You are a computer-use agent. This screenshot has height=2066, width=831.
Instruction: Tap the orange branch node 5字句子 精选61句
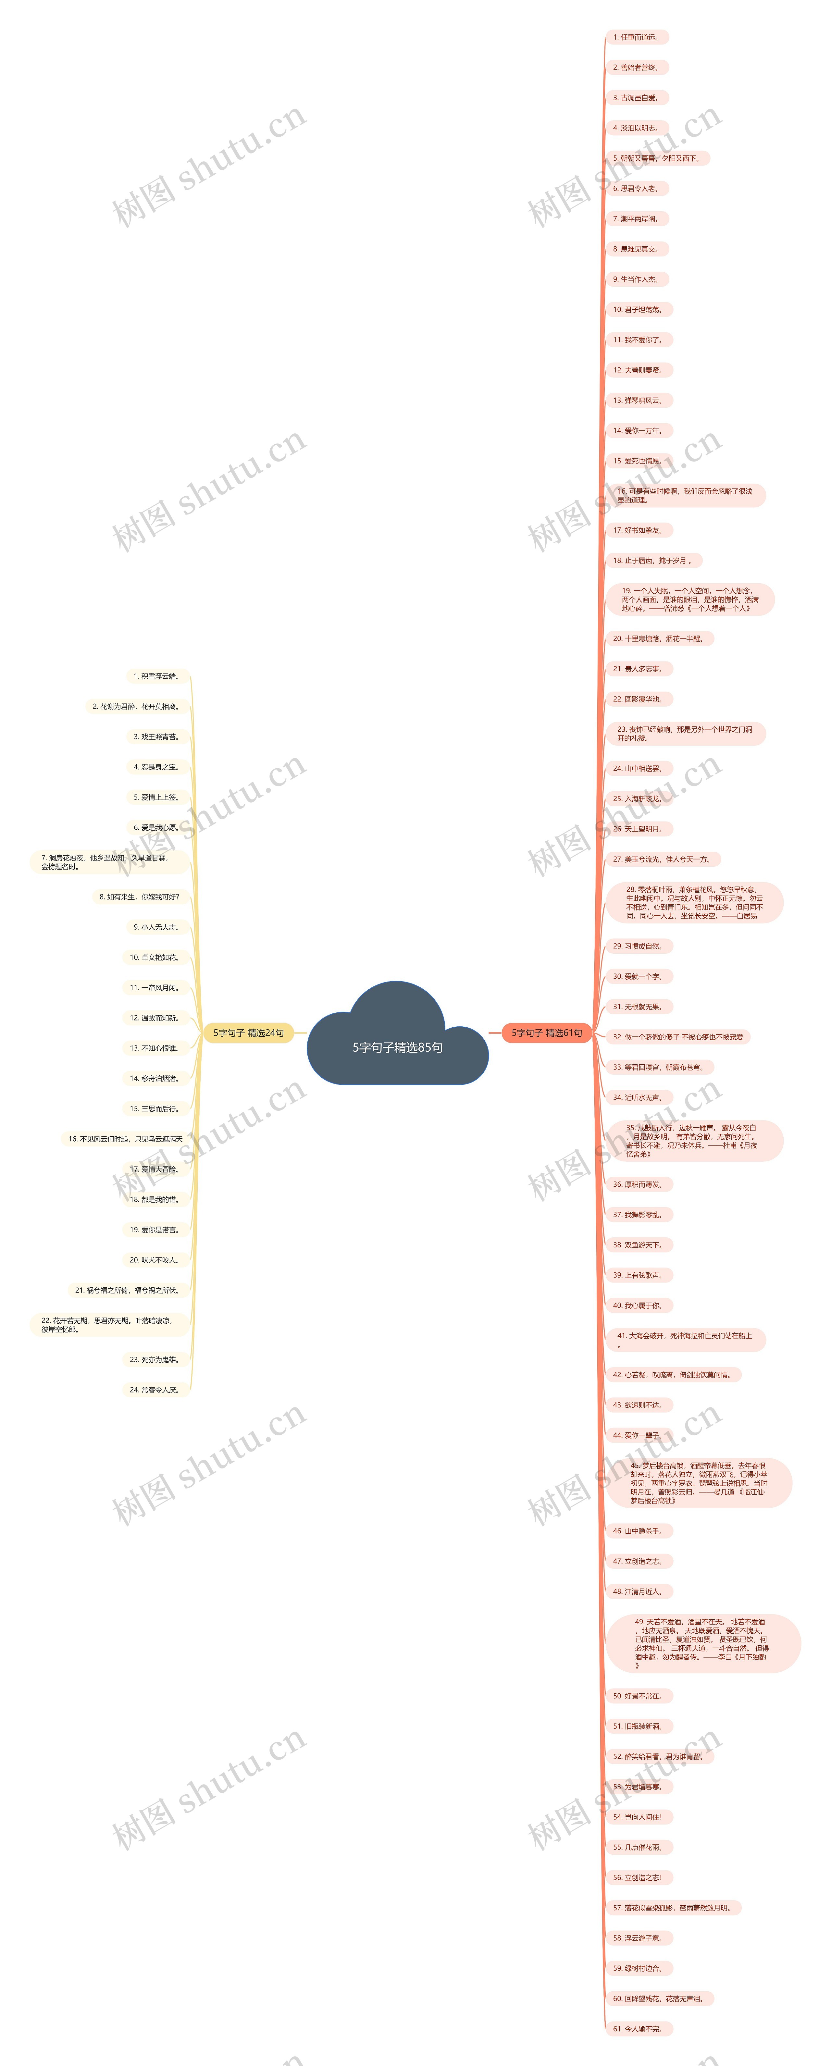(x=547, y=1033)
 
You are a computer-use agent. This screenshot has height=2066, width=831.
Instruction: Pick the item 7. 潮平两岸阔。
(x=636, y=219)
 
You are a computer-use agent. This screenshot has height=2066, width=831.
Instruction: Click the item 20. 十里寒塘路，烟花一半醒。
(x=659, y=639)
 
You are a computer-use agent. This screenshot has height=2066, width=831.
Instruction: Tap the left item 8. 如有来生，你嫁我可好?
(x=140, y=897)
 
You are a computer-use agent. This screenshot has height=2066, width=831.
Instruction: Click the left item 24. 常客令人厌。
(x=155, y=1390)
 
